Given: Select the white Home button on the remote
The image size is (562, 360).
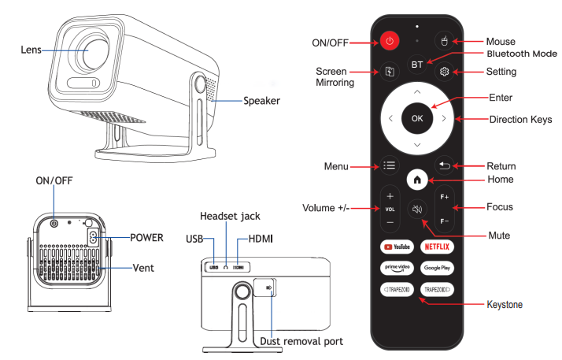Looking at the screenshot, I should point(416,180).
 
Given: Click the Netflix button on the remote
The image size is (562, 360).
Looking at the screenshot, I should point(437,247).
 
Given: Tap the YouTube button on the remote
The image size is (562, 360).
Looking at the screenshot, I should point(397,247).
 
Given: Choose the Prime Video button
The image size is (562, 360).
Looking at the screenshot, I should point(397,268).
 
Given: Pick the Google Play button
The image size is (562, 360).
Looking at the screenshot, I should point(437,268).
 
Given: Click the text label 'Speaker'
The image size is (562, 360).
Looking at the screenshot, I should point(261,101).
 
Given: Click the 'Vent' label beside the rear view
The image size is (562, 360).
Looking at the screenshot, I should point(143,268).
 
